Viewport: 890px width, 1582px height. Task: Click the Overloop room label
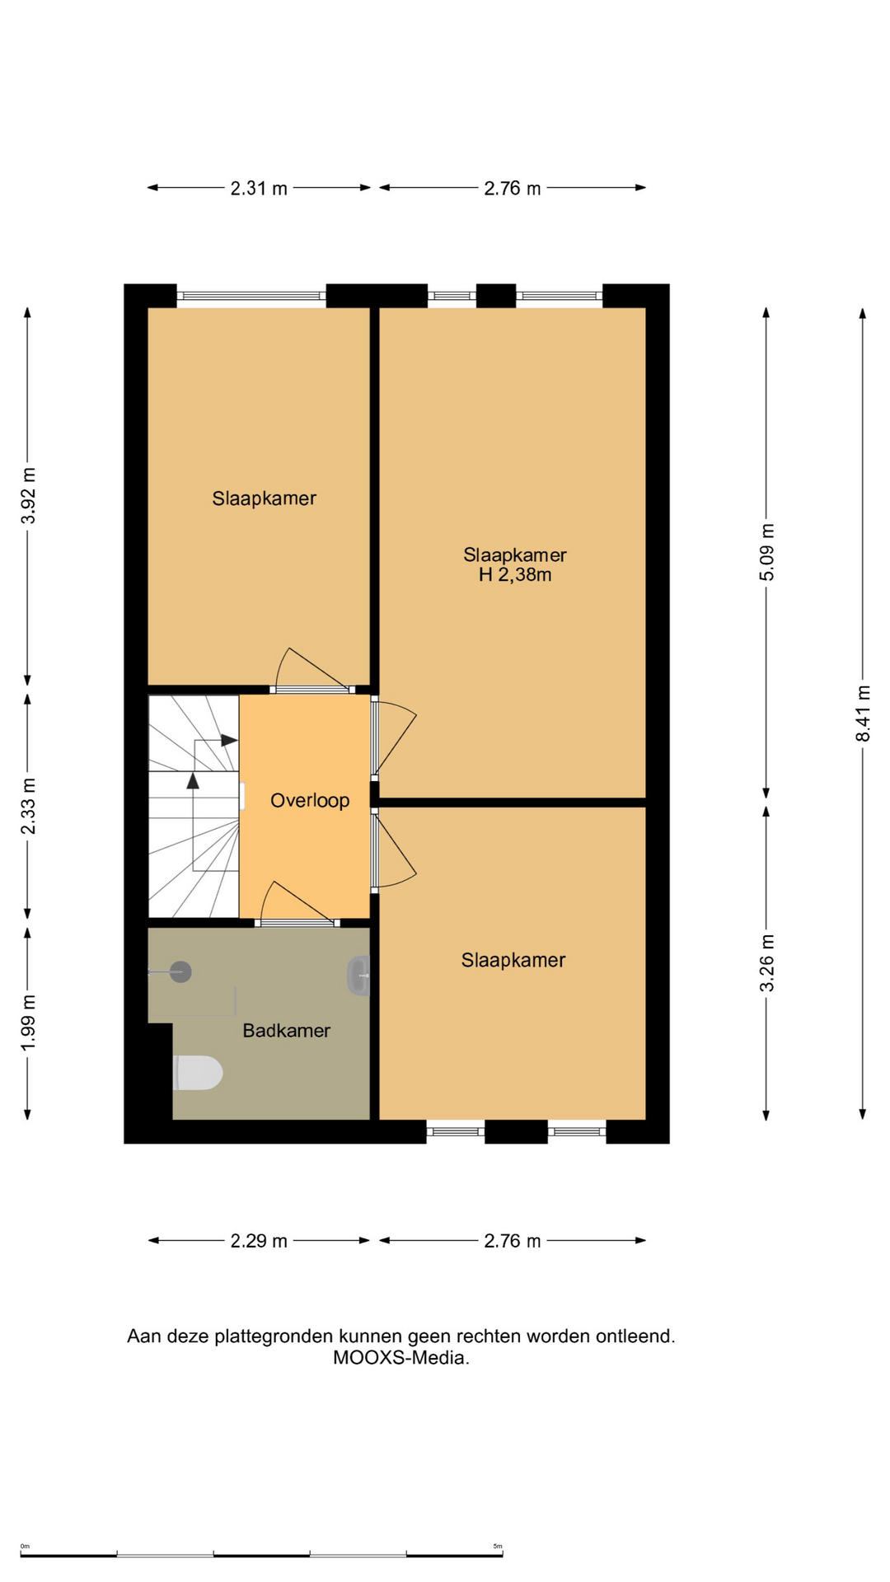(310, 800)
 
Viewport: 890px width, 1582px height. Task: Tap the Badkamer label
(286, 1030)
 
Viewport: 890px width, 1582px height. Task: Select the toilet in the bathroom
(198, 1073)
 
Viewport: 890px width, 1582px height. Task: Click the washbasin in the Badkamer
(358, 976)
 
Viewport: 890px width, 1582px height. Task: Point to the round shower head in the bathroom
(180, 972)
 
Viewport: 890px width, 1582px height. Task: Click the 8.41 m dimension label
(863, 714)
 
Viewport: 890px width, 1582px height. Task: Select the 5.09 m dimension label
(766, 552)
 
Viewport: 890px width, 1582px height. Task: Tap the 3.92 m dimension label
(28, 495)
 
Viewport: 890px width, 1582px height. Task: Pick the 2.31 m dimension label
(259, 188)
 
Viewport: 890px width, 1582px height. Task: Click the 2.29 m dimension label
(259, 1241)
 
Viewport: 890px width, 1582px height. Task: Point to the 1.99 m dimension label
(28, 1023)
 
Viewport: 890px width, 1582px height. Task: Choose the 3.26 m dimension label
(766, 963)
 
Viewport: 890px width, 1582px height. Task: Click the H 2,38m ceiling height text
(515, 575)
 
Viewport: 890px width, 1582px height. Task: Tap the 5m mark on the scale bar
(498, 1546)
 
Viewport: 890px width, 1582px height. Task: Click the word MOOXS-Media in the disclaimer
(401, 1358)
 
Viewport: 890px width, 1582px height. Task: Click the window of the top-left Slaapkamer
(251, 295)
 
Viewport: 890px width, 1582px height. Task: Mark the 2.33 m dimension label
(28, 806)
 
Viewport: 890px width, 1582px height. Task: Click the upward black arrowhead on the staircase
(193, 780)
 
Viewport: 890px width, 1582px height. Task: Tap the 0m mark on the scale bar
(25, 1546)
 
